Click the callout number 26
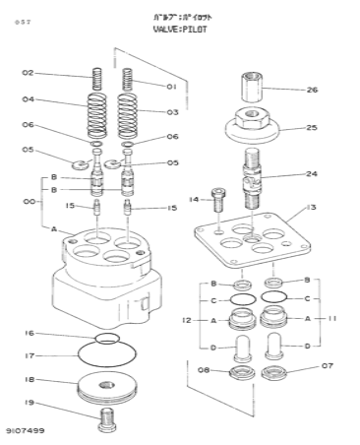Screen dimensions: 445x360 tap(312, 91)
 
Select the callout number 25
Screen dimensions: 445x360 tap(312, 127)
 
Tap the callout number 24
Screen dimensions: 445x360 tap(312, 174)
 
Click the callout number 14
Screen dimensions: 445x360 tap(193, 200)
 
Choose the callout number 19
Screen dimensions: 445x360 tap(29, 403)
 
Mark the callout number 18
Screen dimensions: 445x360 tap(29, 379)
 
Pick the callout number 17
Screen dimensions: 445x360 tap(29, 355)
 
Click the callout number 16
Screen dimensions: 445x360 tap(29, 334)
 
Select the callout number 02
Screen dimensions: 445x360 tap(29, 74)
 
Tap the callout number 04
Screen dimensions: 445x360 tap(29, 99)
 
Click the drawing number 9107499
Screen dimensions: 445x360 tap(24, 431)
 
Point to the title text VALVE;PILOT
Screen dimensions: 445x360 tap(180, 31)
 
